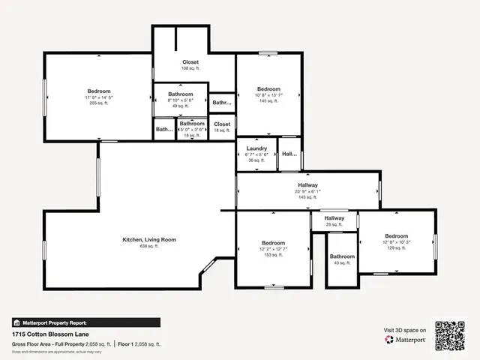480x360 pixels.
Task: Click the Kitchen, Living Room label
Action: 149,239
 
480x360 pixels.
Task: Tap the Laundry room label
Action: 256,148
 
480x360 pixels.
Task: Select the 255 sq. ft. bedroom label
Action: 98,91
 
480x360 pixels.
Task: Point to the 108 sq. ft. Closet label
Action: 190,62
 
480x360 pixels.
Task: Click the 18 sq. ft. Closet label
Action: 222,124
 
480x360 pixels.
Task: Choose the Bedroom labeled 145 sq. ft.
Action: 268,88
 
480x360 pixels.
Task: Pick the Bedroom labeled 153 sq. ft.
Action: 273,243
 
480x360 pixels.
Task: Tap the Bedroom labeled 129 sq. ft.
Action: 396,235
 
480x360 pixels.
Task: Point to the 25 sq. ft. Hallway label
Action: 334,218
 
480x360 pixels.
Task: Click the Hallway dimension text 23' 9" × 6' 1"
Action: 307,191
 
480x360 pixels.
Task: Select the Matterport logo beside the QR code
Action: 406,339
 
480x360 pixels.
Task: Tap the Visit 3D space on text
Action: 405,330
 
